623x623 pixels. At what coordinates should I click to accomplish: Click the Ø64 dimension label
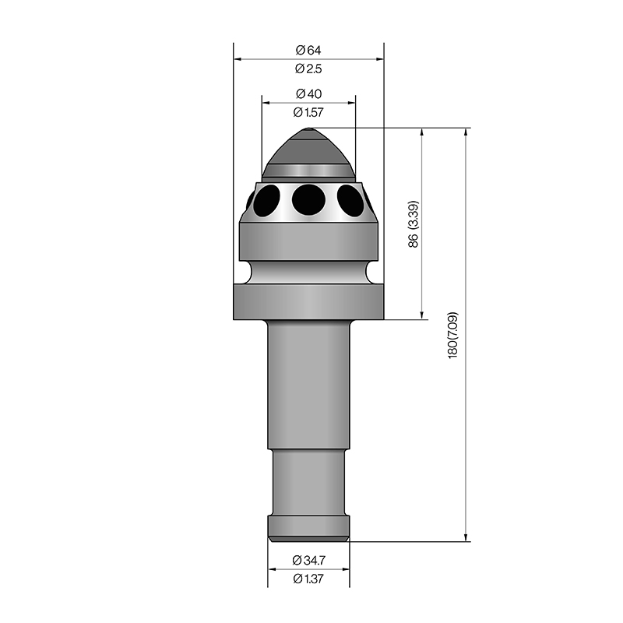point(308,50)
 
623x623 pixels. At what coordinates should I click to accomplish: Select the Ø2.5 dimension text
point(308,69)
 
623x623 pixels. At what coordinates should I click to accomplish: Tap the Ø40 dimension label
point(308,93)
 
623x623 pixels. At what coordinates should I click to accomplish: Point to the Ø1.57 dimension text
point(308,112)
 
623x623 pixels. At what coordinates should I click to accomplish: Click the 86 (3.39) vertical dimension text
point(414,224)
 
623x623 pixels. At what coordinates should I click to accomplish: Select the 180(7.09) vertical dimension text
point(453,336)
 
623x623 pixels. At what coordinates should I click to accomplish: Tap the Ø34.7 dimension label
point(308,560)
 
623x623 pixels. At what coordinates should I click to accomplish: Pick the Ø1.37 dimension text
point(308,579)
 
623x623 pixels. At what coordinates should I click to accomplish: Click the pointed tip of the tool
point(308,128)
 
